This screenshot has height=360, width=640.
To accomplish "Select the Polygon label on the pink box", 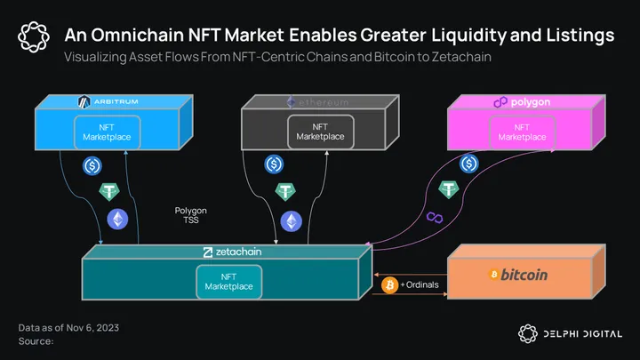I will (x=522, y=102).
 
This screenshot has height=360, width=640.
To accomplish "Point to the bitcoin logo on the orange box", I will (x=517, y=275).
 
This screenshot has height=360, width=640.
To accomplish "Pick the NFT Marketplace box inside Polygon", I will (x=522, y=132).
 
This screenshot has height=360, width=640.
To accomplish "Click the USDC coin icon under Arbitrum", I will (x=93, y=165).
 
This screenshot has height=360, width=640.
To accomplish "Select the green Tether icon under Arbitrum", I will (x=110, y=192).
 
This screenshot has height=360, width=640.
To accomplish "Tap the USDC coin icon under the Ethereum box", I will (x=275, y=164).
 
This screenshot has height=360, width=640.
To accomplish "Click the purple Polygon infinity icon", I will (x=435, y=218).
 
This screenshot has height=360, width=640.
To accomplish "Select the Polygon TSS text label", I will (x=190, y=216).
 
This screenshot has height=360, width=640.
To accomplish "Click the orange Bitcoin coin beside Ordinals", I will (x=388, y=284).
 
